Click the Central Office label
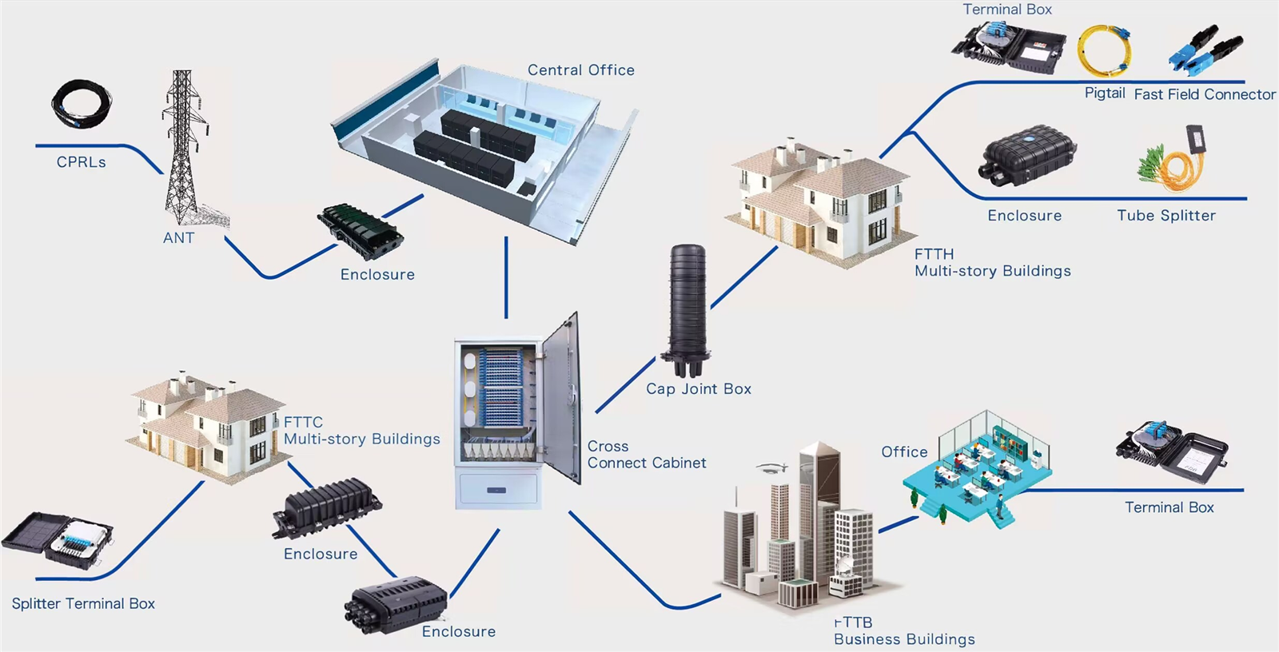point(580,70)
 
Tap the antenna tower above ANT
point(185,148)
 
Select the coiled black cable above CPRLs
point(82,104)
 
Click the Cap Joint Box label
point(698,389)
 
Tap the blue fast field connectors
point(1205,50)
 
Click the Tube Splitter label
point(1165,216)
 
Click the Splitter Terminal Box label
point(83,604)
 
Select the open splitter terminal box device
point(58,542)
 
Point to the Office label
point(904,452)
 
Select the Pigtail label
point(1105,93)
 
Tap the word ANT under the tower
point(178,238)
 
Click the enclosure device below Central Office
point(360,231)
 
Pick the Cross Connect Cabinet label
point(646,455)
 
